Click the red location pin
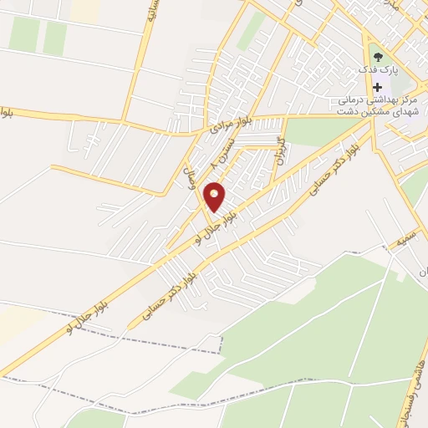pos(215,196)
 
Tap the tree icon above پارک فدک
pos(378,56)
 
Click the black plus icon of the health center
pos(378,88)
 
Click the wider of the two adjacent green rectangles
pos(25,34)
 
